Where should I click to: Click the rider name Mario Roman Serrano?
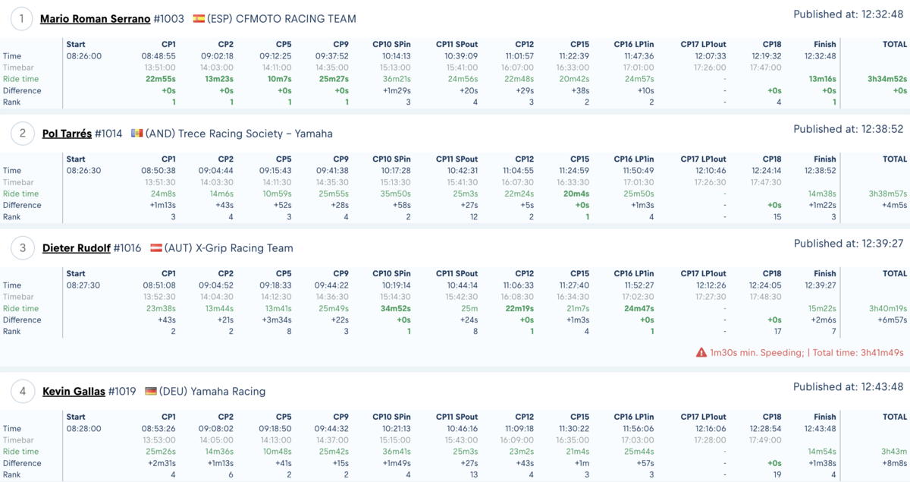(95, 19)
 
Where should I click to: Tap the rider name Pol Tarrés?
(67, 134)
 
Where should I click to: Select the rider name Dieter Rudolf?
(77, 248)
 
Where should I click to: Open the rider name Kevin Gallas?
(74, 392)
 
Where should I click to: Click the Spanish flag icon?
(199, 19)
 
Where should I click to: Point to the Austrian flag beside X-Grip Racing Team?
(156, 247)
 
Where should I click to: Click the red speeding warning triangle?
(701, 352)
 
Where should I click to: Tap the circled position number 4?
(22, 392)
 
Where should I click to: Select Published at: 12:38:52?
(849, 129)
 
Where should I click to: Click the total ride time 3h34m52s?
(887, 79)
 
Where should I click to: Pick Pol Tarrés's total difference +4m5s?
(894, 205)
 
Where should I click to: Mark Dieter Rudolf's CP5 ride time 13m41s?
(278, 308)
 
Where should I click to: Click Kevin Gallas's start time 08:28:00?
(83, 428)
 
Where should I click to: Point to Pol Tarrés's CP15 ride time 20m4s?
(576, 194)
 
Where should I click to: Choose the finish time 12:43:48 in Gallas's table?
(820, 428)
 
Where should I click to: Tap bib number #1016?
(127, 248)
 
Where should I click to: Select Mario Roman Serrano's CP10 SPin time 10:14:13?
(396, 56)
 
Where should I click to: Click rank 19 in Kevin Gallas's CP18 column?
(777, 474)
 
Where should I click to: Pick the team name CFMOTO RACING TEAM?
(296, 19)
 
